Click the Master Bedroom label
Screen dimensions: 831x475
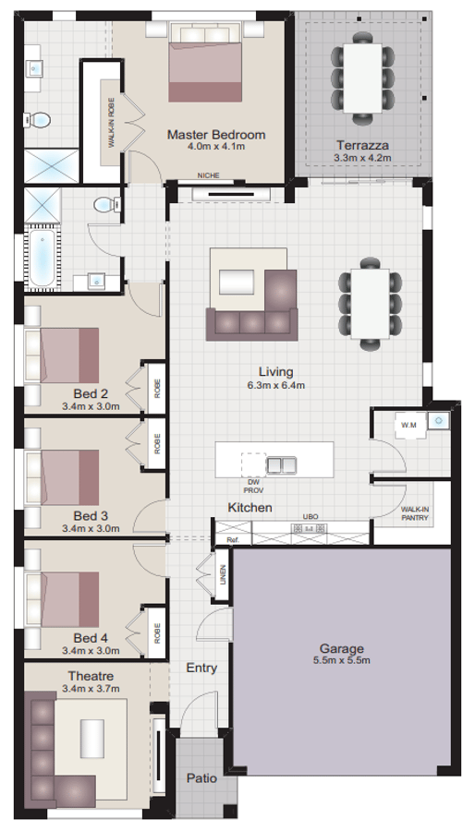215,135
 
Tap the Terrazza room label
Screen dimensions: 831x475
362,145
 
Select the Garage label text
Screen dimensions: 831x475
342,648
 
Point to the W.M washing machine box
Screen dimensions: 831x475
408,424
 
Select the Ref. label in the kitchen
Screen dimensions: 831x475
232,539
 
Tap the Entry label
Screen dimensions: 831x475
201,668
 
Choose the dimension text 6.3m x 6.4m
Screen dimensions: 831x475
275,385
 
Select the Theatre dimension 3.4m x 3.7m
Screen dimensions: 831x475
91,688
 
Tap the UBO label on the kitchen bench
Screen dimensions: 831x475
309,516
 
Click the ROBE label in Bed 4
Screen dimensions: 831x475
158,632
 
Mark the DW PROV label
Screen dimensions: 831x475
253,486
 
